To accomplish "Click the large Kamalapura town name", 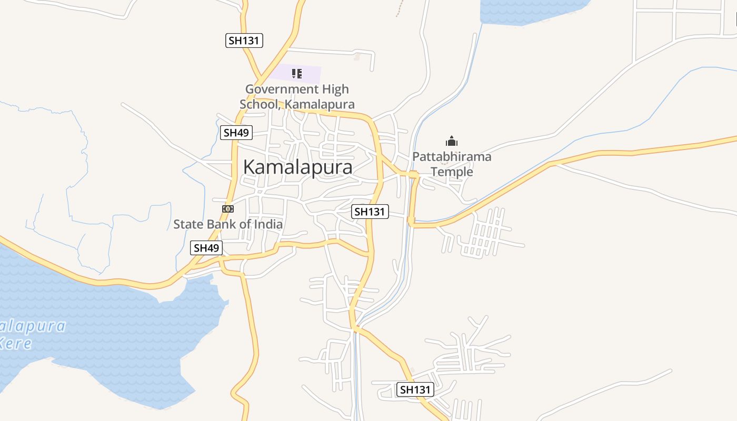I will coord(297,167).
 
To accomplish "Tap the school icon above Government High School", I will coord(297,74).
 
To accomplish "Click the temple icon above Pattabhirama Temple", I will coord(452,141).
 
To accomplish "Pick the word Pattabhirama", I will coord(452,157).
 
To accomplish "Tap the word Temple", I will coord(452,172).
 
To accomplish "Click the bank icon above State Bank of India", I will coord(228,209).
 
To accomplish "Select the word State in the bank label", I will coord(188,224).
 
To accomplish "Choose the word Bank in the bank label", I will coord(221,224).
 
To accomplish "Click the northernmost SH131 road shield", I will coord(244,41).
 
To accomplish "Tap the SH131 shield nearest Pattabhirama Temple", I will coord(370,212).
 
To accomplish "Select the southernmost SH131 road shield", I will coord(415,389).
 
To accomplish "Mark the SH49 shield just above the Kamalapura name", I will coord(236,133).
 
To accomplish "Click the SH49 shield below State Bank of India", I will coord(206,248).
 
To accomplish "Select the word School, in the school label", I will coord(261,104).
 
